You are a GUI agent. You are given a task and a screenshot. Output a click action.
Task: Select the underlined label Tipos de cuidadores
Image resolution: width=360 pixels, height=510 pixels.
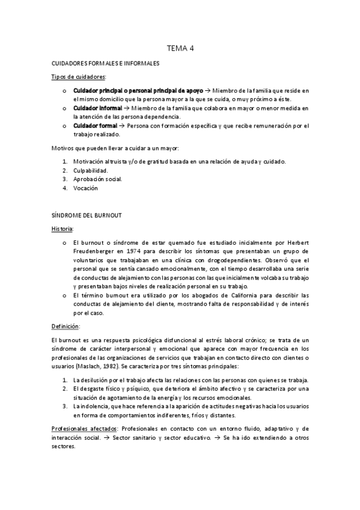pos(79,77)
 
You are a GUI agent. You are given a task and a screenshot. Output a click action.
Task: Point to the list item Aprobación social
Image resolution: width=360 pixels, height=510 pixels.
pos(97,179)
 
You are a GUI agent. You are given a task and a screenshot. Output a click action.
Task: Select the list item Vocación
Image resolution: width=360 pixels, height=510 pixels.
pos(86,188)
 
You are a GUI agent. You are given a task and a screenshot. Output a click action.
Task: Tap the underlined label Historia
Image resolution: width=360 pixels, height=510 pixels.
pos(63,229)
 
